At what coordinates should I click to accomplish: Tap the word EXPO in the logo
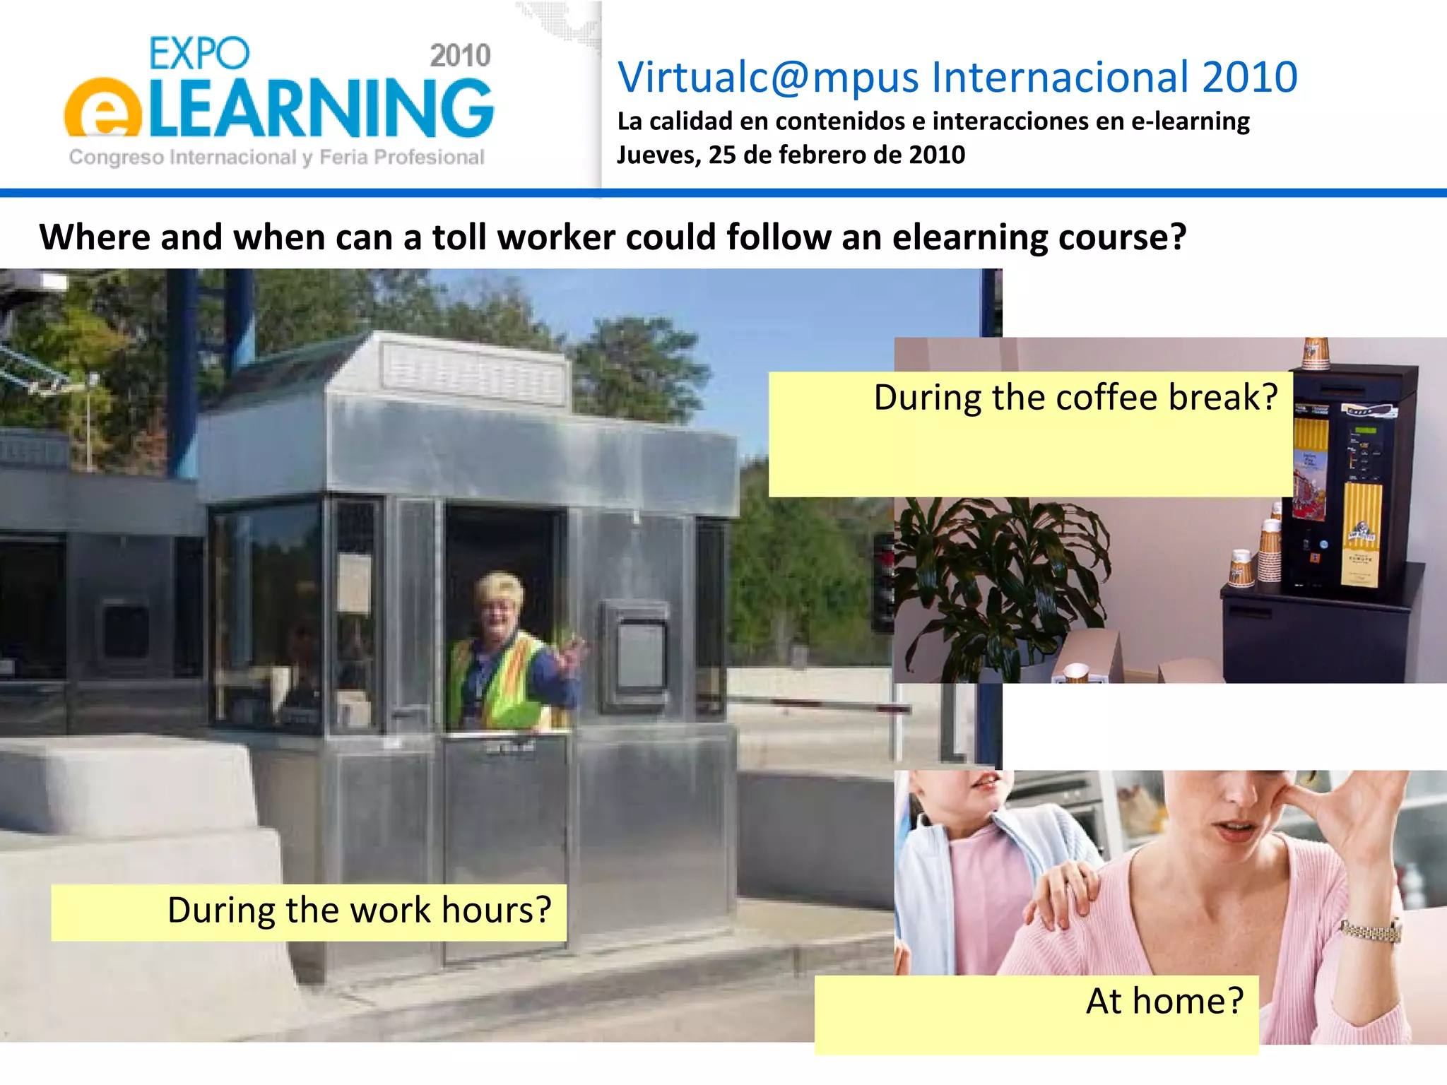[x=199, y=54]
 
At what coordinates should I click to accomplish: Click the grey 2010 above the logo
[x=460, y=56]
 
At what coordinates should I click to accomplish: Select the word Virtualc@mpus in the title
[x=769, y=77]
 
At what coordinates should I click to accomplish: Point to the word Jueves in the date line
[x=658, y=155]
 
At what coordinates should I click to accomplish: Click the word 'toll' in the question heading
[x=461, y=237]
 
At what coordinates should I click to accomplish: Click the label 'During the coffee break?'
[x=1075, y=398]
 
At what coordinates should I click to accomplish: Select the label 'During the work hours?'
[x=359, y=910]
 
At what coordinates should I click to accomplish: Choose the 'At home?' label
[x=1164, y=1001]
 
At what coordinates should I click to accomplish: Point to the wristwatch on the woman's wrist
[x=1371, y=930]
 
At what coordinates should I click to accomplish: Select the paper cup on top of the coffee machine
[x=1315, y=352]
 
